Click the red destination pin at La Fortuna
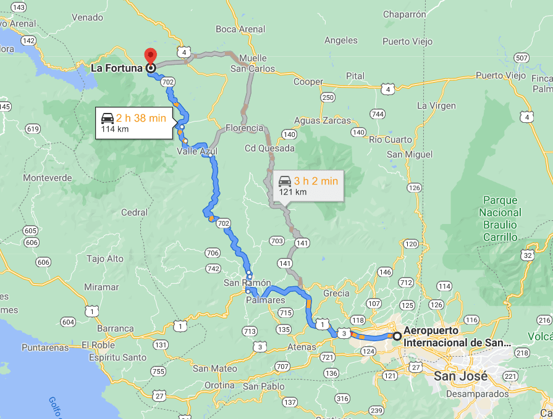click(x=150, y=55)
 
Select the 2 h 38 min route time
click(x=141, y=118)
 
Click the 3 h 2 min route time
click(x=316, y=181)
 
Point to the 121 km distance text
click(x=292, y=192)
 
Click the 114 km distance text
click(x=114, y=129)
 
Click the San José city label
click(x=460, y=375)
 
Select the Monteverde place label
click(x=43, y=178)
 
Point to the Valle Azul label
click(x=197, y=151)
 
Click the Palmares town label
click(x=266, y=300)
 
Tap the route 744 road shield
click(x=377, y=114)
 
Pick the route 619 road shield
click(x=33, y=129)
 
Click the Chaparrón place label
click(x=405, y=14)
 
